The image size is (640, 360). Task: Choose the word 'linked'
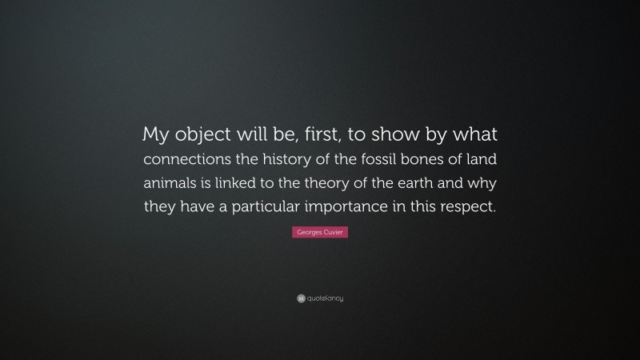(x=250, y=182)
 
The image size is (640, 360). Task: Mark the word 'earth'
(x=431, y=182)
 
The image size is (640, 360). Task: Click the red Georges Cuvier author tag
(x=320, y=231)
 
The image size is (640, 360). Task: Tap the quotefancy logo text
(x=325, y=298)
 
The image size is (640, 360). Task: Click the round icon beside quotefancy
(x=301, y=298)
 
